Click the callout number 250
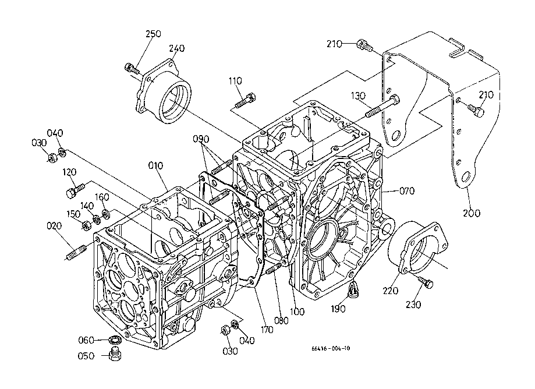pos(153,34)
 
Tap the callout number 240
pos(177,48)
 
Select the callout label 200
pos(472,213)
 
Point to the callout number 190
pos(338,309)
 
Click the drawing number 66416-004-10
pos(331,348)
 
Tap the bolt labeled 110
pos(245,100)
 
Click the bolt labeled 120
pos(75,190)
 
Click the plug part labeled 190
pos(353,289)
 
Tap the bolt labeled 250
pos(132,69)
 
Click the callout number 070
pos(407,191)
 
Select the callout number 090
pos(201,139)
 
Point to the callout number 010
pos(155,165)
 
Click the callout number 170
pos(267,330)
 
